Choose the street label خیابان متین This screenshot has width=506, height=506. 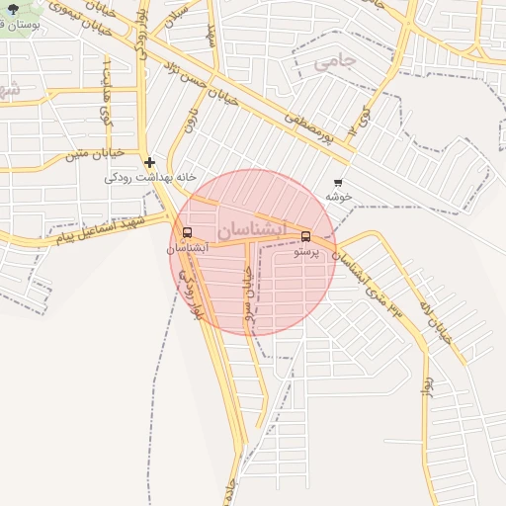[94, 154]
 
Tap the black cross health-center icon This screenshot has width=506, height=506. [149, 163]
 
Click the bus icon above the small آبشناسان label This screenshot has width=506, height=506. [187, 233]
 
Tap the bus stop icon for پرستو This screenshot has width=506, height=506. [305, 236]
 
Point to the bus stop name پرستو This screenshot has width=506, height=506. [306, 252]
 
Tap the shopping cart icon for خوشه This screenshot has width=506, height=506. [339, 183]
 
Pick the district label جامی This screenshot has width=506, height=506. [333, 63]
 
